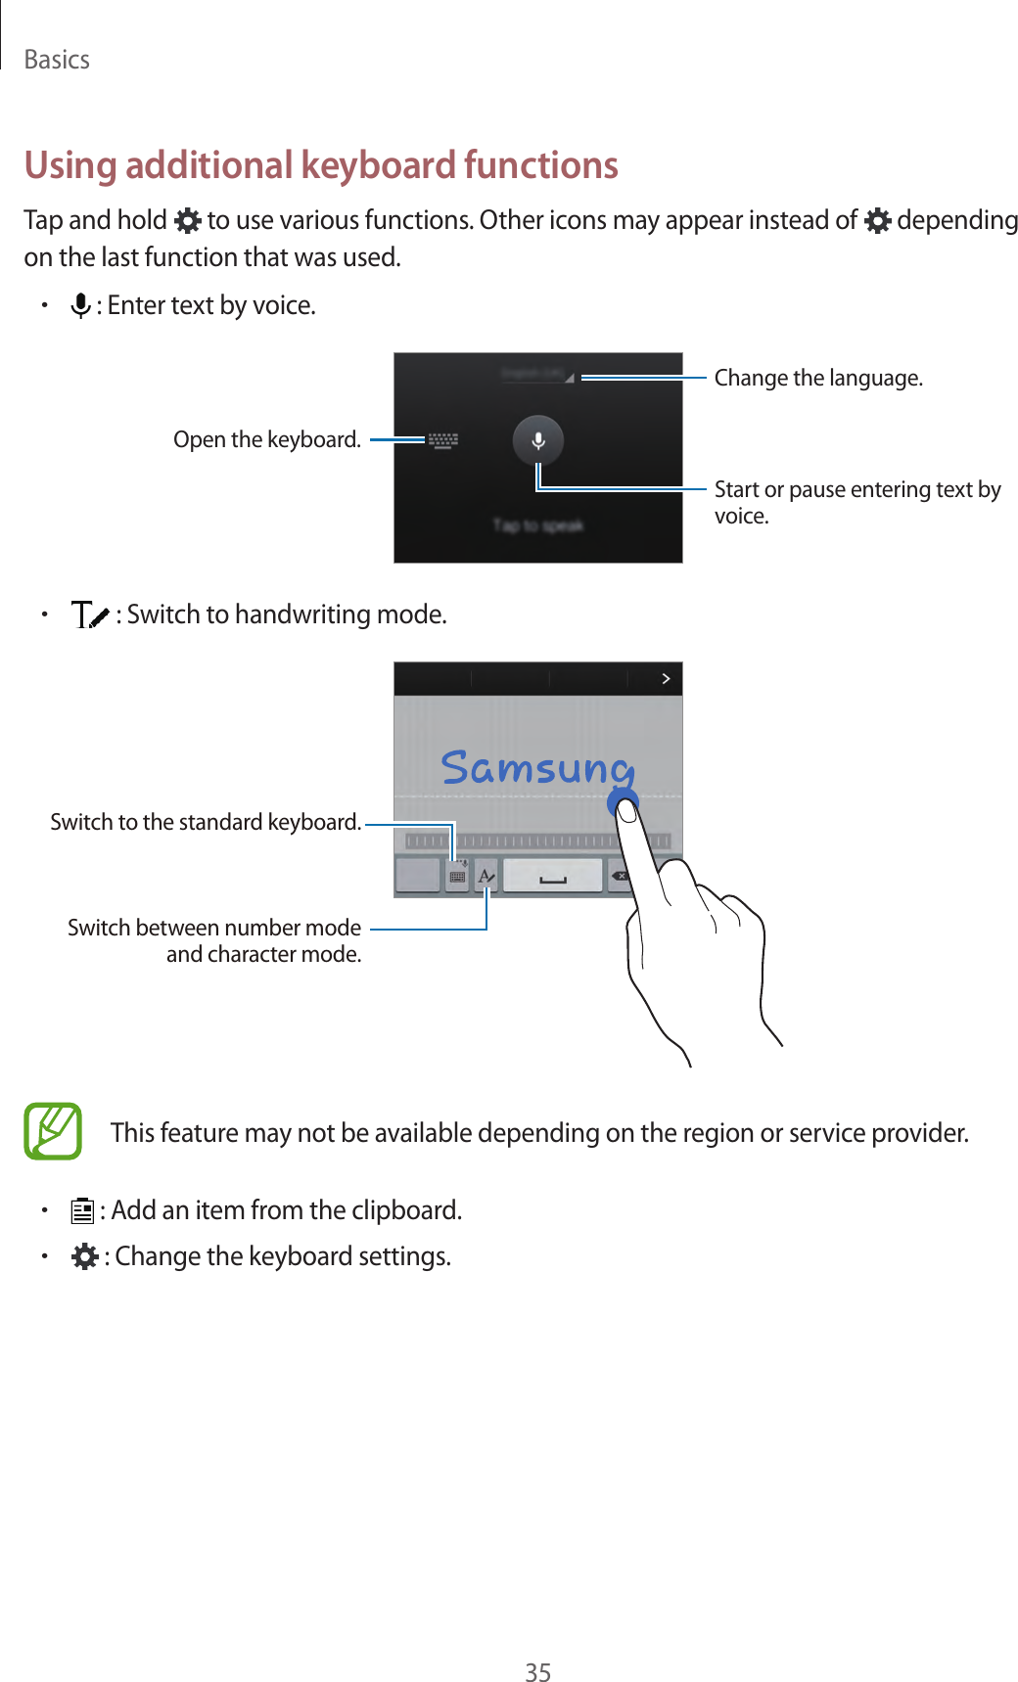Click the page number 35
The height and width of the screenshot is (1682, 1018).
(537, 1672)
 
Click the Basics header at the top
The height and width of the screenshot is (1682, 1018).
(57, 60)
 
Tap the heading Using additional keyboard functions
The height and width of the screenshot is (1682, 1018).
(321, 165)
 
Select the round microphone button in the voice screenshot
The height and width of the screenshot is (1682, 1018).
(537, 440)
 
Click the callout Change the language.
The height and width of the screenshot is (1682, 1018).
(817, 378)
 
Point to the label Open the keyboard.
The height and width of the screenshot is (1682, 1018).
(266, 439)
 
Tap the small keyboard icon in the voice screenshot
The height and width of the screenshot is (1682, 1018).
(443, 440)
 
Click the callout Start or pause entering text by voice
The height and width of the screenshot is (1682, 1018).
(856, 502)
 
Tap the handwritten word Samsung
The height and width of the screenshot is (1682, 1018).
(536, 767)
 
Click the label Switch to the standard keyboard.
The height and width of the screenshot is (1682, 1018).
(206, 822)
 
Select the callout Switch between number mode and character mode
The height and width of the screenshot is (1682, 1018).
(214, 940)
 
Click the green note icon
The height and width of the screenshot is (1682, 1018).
(53, 1131)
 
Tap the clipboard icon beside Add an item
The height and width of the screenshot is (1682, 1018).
(82, 1211)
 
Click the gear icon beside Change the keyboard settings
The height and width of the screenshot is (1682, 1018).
(85, 1256)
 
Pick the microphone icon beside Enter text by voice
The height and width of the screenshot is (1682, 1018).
(81, 306)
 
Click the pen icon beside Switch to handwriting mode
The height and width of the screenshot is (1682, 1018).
(90, 615)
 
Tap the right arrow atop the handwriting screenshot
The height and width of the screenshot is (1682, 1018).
(666, 678)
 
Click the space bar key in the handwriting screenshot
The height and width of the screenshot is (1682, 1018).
(552, 877)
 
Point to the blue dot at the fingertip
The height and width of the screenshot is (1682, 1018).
(623, 804)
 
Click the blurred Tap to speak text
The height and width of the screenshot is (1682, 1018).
(537, 525)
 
